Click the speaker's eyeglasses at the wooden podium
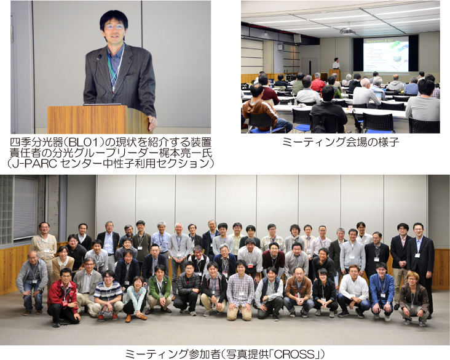114,27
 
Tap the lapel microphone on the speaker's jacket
99,57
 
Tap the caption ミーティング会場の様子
341,142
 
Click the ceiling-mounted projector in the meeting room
347,31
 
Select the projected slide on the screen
386,54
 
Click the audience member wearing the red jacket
318,82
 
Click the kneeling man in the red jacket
63,297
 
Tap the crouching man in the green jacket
159,290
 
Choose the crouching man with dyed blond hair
413,299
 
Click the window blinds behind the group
26,207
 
